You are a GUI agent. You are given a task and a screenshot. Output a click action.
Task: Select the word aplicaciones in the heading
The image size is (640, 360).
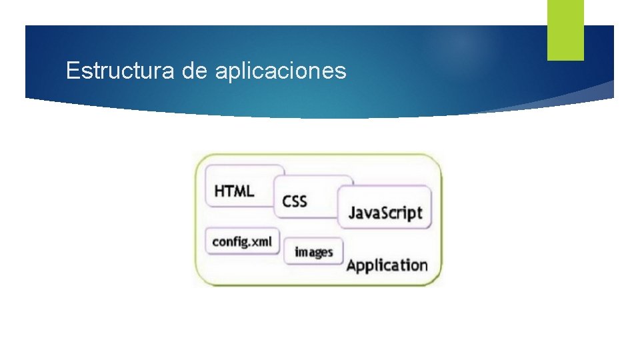(281, 70)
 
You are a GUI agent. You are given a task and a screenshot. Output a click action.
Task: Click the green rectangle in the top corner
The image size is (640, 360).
(565, 29)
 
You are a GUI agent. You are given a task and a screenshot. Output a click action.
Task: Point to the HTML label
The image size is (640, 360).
(234, 191)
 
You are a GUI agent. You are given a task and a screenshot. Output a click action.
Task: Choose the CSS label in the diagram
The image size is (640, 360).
(295, 200)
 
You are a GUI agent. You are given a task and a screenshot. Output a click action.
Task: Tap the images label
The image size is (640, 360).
(313, 252)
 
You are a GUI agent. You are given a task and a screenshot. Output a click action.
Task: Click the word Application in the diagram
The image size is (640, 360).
(387, 265)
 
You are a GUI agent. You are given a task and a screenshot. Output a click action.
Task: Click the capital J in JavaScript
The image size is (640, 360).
(352, 213)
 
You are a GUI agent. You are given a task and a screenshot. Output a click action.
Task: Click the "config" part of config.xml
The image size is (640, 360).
(227, 242)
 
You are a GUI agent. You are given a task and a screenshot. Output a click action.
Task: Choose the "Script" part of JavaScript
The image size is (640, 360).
(403, 213)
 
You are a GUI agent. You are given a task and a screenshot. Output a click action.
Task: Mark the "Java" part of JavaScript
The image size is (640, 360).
(365, 213)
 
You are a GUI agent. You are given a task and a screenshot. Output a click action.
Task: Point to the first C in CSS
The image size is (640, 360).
(287, 200)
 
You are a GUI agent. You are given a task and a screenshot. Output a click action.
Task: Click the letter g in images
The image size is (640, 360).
(318, 253)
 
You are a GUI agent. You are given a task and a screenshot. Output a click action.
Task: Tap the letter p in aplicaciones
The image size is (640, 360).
(232, 71)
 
